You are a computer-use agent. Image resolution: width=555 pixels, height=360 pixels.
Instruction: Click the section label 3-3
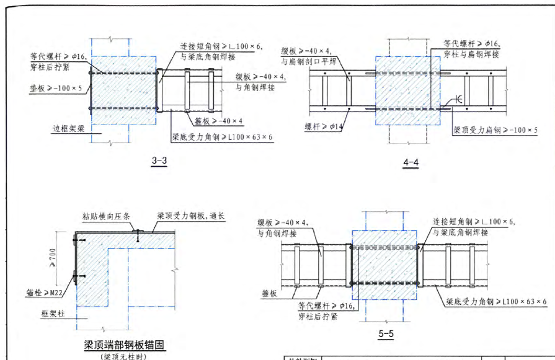[x=159, y=161]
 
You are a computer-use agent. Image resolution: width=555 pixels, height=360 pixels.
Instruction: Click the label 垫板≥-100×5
[x=56, y=88]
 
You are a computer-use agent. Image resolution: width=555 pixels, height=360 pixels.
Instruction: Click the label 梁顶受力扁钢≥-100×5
[x=495, y=131]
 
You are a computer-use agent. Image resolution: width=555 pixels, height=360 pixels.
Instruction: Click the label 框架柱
[x=53, y=314]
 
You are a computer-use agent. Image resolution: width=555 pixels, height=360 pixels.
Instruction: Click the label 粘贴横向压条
[x=106, y=216]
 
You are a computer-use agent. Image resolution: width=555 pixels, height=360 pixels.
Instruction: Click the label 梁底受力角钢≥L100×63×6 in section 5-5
[x=497, y=302]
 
